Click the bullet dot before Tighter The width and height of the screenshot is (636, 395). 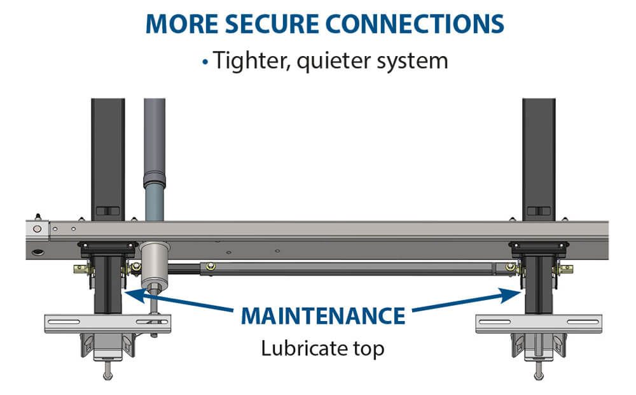point(205,62)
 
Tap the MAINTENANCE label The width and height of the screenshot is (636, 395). point(322,316)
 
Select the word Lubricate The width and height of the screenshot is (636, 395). point(301,349)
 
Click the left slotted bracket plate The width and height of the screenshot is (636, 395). point(107,323)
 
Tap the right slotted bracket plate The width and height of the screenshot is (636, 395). point(538,323)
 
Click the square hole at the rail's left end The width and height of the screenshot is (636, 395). point(39,227)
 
